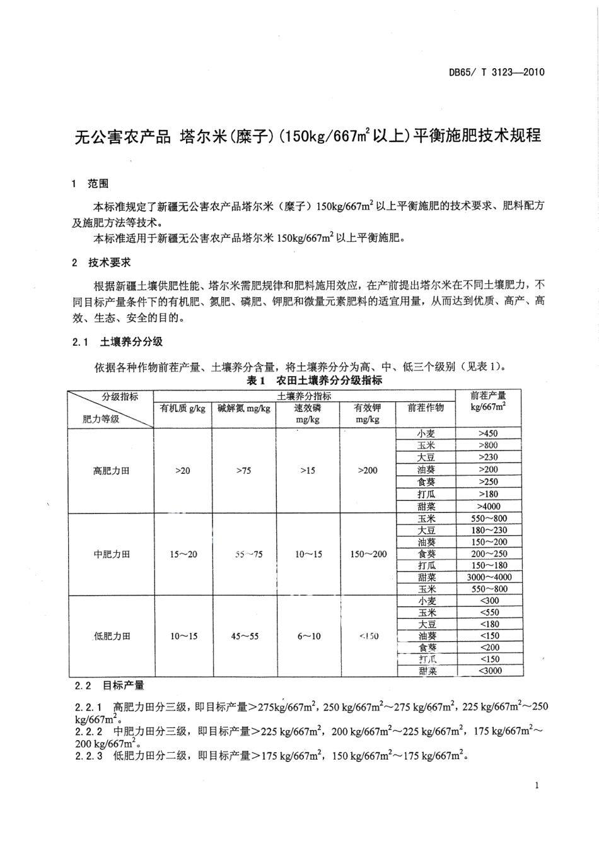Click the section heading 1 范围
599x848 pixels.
[x=90, y=184]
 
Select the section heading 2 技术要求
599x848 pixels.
[x=102, y=262]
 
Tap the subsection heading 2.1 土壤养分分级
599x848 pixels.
[x=117, y=341]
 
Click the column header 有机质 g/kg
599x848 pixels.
[x=183, y=408]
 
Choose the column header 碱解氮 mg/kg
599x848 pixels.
[x=244, y=408]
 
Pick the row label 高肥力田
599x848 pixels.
[x=111, y=470]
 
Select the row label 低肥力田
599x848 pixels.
[x=111, y=636]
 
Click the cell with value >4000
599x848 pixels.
[x=489, y=506]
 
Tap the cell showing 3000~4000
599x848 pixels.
[x=489, y=577]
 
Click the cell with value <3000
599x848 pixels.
[x=489, y=671]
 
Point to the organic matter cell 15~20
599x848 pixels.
[x=183, y=554]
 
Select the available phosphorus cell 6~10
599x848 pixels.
[x=309, y=636]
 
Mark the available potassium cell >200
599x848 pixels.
[x=368, y=470]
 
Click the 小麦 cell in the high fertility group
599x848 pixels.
[x=426, y=433]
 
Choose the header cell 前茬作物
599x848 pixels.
[x=426, y=408]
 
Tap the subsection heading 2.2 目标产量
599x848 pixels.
[x=109, y=685]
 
